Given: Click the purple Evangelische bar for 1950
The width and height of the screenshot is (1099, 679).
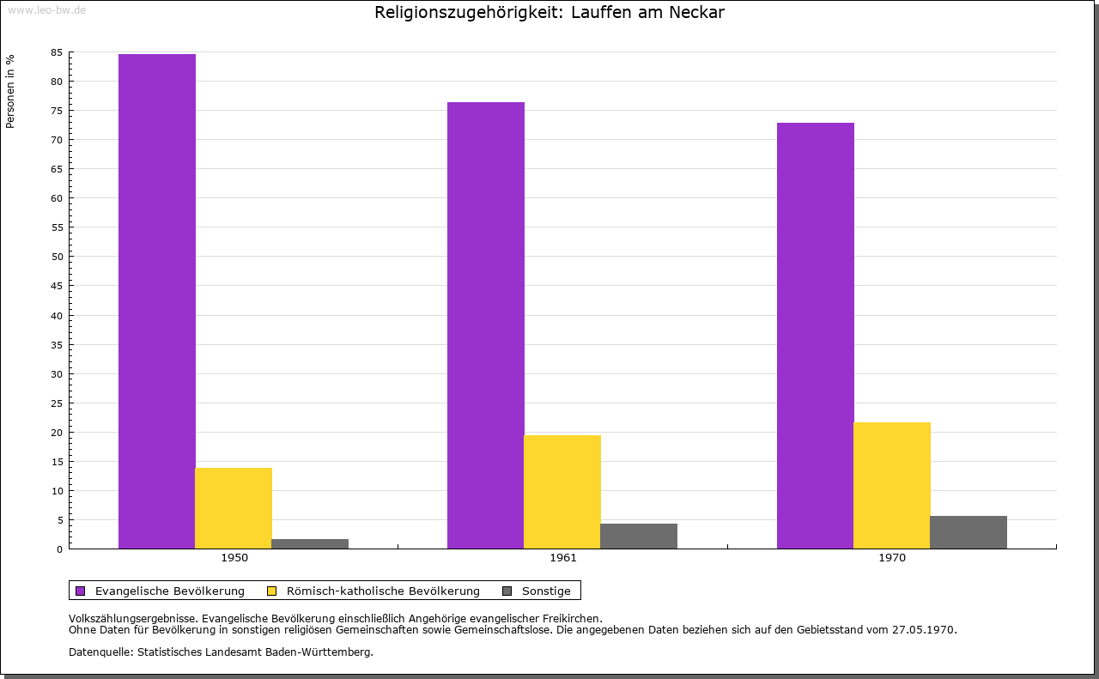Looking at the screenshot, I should pyautogui.click(x=157, y=301).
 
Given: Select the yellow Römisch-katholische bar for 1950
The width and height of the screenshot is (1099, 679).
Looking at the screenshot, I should pyautogui.click(x=234, y=508).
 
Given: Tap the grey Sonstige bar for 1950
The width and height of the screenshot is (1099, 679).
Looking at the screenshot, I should pyautogui.click(x=310, y=543).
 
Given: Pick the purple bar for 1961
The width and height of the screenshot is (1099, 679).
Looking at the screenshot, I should pyautogui.click(x=486, y=325).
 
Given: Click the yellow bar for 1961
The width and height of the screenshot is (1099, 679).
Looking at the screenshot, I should pyautogui.click(x=562, y=492).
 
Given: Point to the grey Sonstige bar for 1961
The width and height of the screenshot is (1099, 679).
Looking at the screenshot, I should pyautogui.click(x=639, y=536).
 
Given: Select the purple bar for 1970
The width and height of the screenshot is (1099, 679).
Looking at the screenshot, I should pyautogui.click(x=816, y=336).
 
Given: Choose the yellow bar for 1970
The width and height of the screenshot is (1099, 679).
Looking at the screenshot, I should pyautogui.click(x=892, y=485).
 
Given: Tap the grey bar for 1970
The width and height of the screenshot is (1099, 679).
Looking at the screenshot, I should pyautogui.click(x=968, y=532).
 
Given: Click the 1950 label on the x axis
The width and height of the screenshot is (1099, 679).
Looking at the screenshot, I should pyautogui.click(x=234, y=558).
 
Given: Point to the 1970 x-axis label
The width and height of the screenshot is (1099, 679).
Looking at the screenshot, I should pyautogui.click(x=892, y=558).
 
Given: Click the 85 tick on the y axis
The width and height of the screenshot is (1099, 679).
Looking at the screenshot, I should pyautogui.click(x=57, y=52).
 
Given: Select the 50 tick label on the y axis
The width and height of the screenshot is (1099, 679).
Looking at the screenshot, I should pyautogui.click(x=57, y=257).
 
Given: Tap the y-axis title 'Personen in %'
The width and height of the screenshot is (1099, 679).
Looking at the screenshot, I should pyautogui.click(x=10, y=91).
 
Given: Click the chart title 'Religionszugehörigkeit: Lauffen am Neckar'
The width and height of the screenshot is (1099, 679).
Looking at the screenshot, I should pyautogui.click(x=549, y=13).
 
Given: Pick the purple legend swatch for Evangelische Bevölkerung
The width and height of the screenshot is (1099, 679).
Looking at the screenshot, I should pyautogui.click(x=81, y=591).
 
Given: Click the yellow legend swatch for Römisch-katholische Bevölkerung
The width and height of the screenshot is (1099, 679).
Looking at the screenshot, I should pyautogui.click(x=272, y=591).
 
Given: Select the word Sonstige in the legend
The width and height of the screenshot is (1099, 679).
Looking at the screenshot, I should pyautogui.click(x=546, y=591).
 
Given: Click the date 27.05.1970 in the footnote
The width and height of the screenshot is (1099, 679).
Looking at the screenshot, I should pyautogui.click(x=924, y=629).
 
